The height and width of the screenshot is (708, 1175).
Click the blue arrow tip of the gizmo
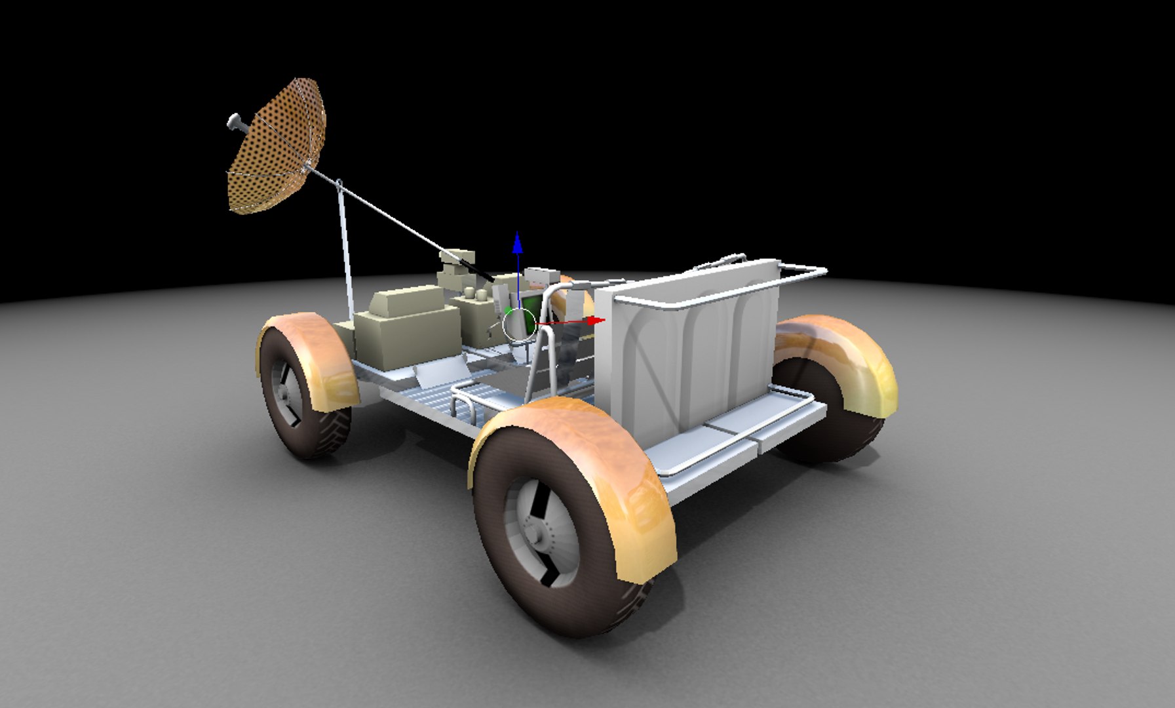coord(518,242)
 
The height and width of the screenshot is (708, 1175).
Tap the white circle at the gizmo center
coord(519,324)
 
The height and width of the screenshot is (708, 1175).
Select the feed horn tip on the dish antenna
coord(234,121)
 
